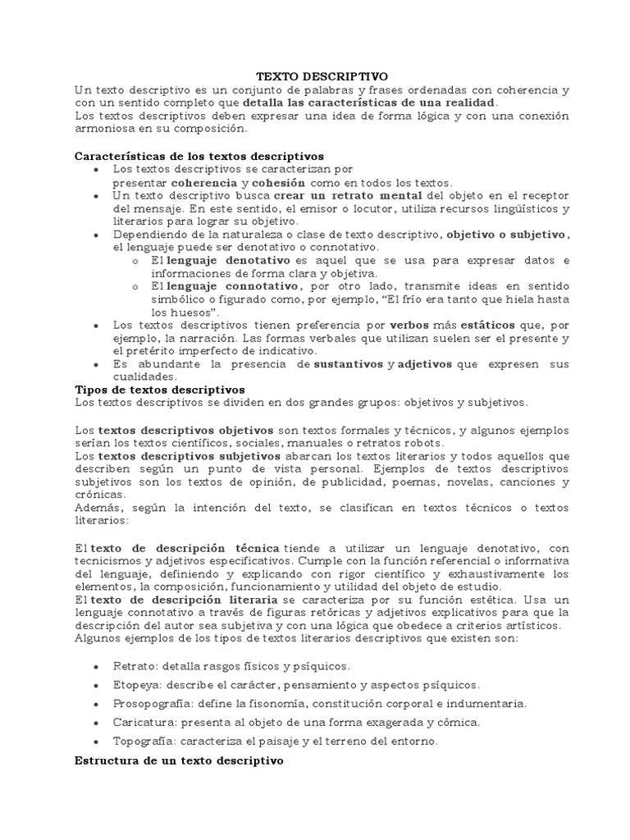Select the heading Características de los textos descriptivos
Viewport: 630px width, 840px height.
[x=199, y=155]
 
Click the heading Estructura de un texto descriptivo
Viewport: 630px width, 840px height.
[x=179, y=760]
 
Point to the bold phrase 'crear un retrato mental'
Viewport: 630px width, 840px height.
[x=348, y=196]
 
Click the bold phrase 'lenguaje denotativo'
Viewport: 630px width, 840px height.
[x=223, y=260]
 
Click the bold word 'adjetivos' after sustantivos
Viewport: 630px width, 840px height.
[x=427, y=363]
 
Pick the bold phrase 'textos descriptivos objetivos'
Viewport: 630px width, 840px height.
[x=186, y=429]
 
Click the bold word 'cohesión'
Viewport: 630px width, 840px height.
[x=279, y=183]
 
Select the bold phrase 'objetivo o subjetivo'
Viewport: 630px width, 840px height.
[x=506, y=234]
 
